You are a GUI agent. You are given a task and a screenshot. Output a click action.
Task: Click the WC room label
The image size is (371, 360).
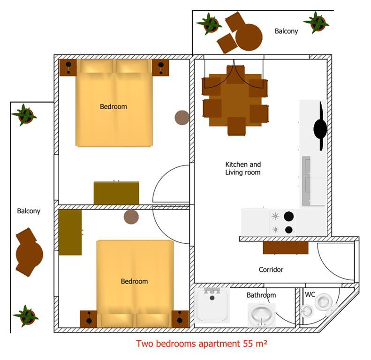point(310,294)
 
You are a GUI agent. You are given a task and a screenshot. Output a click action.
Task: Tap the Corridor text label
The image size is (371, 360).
point(271,270)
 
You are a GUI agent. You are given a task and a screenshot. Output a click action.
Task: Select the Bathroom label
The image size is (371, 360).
point(261,295)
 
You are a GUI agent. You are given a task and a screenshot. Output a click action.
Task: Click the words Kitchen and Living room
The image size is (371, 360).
point(243,168)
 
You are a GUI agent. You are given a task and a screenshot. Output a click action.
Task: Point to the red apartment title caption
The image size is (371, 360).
point(202,344)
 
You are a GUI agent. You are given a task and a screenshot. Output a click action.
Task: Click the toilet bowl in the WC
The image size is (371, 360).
point(323,301)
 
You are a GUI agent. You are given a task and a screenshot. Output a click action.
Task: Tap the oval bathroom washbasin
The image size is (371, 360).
point(261,315)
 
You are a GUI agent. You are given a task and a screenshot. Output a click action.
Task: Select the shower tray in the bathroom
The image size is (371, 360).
point(212,305)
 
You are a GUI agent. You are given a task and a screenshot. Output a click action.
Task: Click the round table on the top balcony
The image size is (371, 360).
point(249,37)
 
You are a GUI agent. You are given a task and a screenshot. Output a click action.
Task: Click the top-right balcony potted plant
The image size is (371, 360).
point(316,22)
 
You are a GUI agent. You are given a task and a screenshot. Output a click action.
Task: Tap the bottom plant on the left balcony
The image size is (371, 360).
point(26,316)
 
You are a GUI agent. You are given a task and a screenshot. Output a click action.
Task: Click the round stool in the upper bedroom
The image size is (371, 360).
point(182,118)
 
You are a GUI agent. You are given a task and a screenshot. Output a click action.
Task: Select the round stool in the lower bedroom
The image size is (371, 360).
point(131,217)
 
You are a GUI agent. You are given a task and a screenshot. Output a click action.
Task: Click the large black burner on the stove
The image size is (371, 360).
point(288,216)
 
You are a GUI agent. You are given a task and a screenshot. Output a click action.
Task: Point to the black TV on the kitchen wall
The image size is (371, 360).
point(320,127)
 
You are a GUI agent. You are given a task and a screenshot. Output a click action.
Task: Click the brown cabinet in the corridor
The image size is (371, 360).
point(286,247)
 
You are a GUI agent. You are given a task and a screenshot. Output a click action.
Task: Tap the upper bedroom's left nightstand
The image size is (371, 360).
point(68,67)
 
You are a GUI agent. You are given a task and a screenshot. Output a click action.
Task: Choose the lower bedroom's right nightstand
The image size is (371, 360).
point(180,319)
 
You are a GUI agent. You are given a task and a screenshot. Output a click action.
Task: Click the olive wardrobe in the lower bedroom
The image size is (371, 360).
point(70,232)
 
